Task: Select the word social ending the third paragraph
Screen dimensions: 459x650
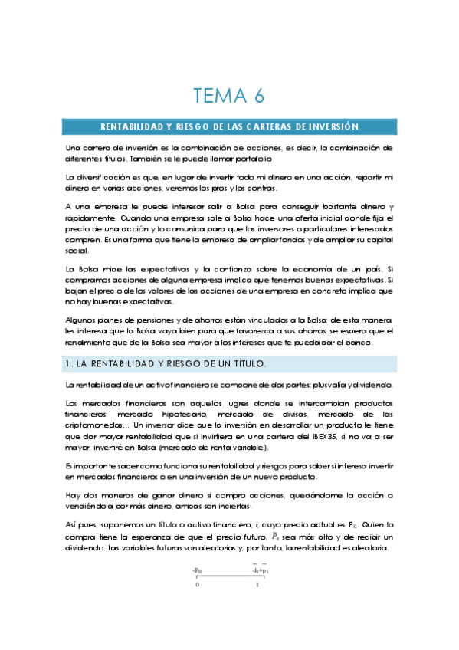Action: click(x=77, y=251)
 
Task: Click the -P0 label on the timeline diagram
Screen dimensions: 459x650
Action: click(x=197, y=570)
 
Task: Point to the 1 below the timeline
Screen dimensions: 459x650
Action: click(x=257, y=584)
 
